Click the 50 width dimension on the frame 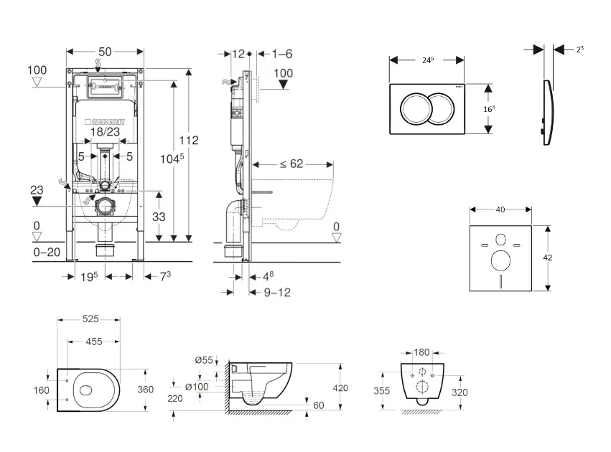tap(105, 52)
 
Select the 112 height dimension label tap(189, 140)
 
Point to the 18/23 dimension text tap(105, 132)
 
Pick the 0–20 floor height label tap(47, 252)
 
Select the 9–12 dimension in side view tap(276, 292)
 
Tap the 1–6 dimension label tap(282, 54)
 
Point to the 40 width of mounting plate tap(500, 209)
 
